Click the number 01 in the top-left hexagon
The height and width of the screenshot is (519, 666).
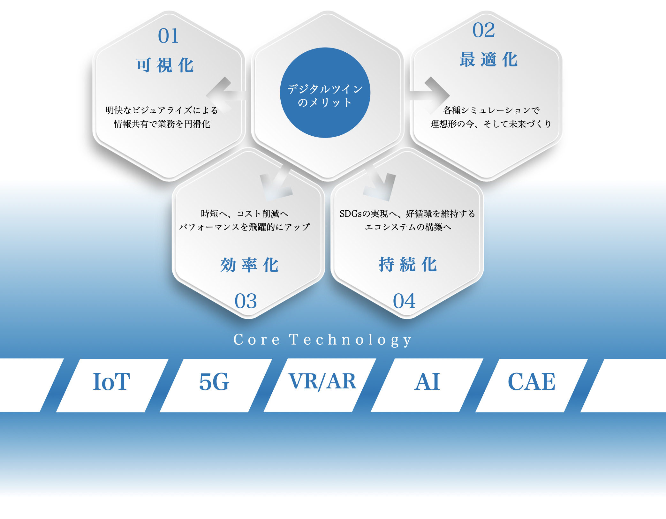[168, 36]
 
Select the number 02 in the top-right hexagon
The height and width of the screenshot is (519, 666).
[483, 30]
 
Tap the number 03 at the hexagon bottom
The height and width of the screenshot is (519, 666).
[246, 301]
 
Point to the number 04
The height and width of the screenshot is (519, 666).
[404, 301]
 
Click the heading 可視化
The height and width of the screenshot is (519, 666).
[165, 65]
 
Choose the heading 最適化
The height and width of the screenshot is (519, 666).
[488, 60]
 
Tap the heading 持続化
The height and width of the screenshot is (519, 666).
[408, 265]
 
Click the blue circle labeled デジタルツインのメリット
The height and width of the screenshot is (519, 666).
[325, 93]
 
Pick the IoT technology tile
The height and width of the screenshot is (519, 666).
[112, 385]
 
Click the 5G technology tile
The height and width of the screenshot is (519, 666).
[216, 385]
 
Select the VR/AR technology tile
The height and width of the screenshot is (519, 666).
[320, 385]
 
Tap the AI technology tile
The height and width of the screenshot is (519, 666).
[427, 385]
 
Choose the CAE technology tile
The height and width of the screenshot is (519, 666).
[532, 385]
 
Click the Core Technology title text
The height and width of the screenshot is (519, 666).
[322, 340]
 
